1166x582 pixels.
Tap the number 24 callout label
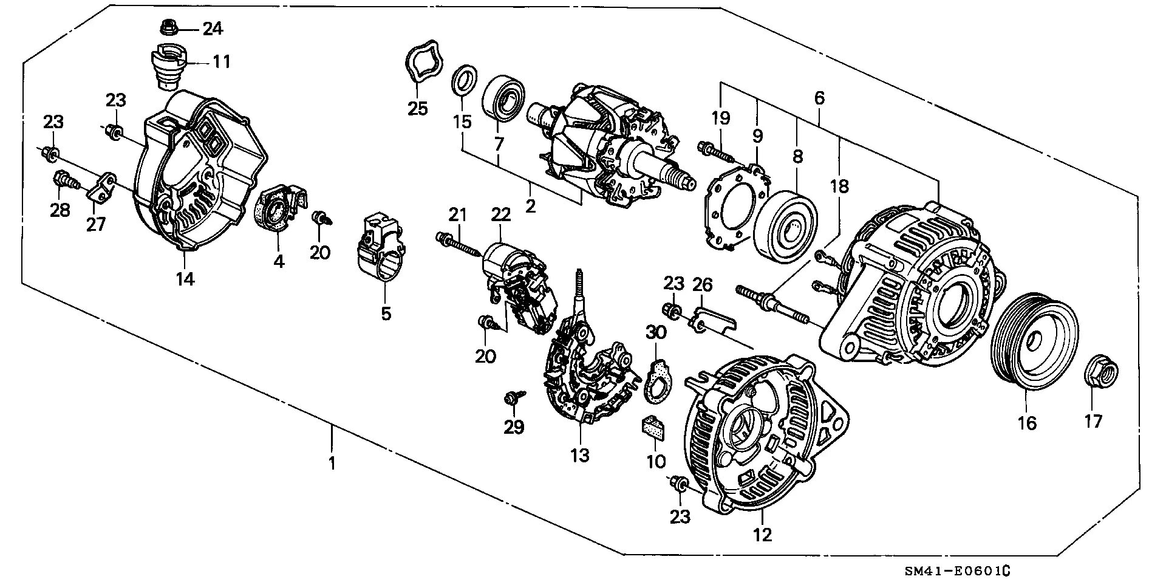click(212, 29)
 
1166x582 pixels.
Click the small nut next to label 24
click(168, 27)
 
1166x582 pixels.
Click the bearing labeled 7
click(503, 97)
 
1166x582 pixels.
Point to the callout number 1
click(332, 464)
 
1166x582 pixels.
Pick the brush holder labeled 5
click(380, 247)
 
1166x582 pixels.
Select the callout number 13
click(579, 455)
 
